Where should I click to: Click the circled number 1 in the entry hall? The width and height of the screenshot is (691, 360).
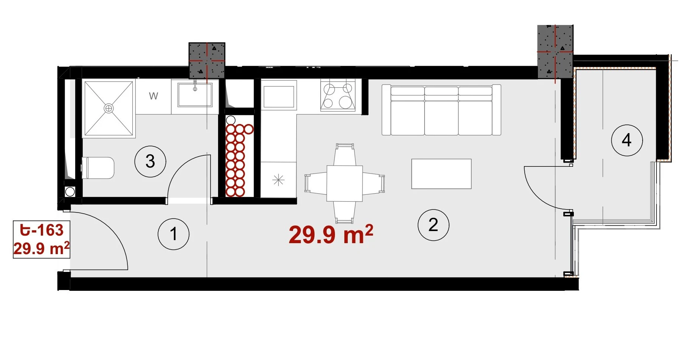tap(174, 234)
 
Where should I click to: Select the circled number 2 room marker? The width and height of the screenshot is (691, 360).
tap(433, 225)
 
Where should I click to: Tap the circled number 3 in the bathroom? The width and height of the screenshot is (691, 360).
tap(150, 161)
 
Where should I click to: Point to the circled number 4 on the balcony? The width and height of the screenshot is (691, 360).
tap(627, 140)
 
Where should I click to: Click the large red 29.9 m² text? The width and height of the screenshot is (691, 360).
tap(331, 234)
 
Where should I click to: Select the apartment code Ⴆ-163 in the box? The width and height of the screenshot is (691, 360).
tap(42, 230)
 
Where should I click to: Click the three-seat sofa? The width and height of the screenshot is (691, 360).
tap(441, 110)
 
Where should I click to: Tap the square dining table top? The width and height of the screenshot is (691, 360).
tap(345, 183)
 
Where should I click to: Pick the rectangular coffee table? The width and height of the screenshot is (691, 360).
tap(441, 174)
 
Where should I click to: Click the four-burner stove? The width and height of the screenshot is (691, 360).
tap(338, 95)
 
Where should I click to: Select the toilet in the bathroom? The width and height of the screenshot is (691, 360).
tap(98, 168)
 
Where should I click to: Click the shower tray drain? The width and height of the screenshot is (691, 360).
tap(109, 109)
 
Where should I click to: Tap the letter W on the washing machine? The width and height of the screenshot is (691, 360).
tap(153, 96)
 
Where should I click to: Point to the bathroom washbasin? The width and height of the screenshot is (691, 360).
tap(195, 95)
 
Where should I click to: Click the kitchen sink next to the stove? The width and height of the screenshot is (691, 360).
tap(279, 97)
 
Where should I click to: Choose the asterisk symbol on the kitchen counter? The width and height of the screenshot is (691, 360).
tap(278, 180)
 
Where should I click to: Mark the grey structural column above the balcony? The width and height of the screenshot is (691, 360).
tap(555, 52)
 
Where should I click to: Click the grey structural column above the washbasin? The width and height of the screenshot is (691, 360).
tap(207, 61)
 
